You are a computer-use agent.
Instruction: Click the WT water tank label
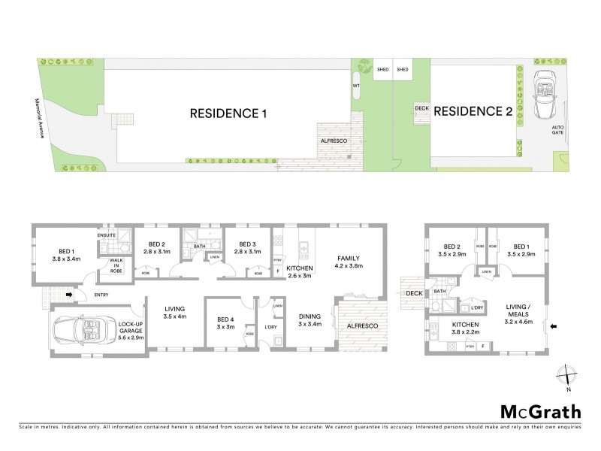pyautogui.click(x=355, y=86)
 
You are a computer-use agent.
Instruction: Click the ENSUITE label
pyautogui.click(x=107, y=235)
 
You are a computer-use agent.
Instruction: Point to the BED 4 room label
pyautogui.click(x=222, y=322)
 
